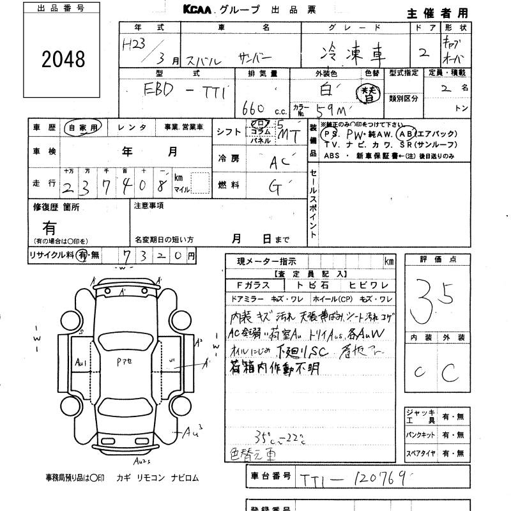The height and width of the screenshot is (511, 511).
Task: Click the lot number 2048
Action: point(63,59)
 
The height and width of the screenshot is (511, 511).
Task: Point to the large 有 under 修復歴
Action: point(49,227)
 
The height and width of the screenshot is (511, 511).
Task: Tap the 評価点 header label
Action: point(436,260)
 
